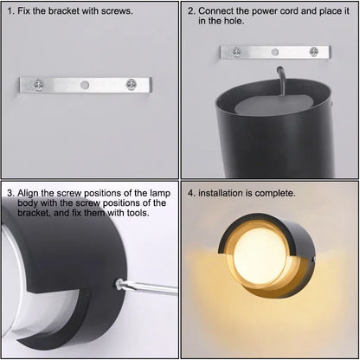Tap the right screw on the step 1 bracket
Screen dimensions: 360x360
[132, 86]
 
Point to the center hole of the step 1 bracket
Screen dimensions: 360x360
[86, 87]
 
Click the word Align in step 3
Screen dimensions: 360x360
[31, 193]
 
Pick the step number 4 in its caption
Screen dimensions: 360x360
[190, 193]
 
